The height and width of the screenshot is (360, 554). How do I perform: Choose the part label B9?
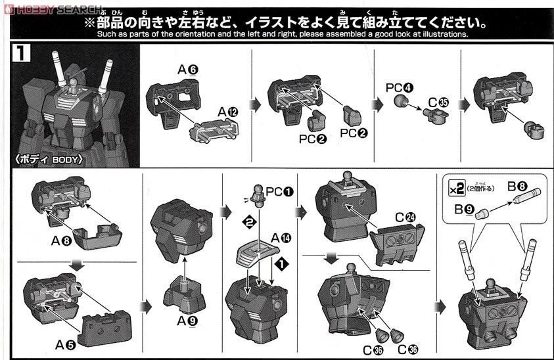(x=465, y=209)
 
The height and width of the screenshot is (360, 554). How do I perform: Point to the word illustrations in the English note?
(x=441, y=34)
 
